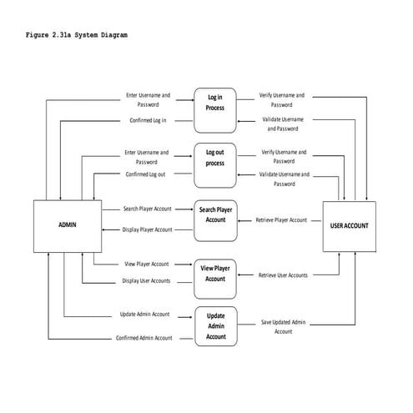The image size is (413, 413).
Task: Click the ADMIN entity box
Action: pyautogui.click(x=67, y=224)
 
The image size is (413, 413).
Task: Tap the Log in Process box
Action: pyautogui.click(x=215, y=103)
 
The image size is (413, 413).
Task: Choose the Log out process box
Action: pyautogui.click(x=215, y=158)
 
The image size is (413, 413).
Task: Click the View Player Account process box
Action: pyautogui.click(x=215, y=274)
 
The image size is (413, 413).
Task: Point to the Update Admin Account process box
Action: pyautogui.click(x=215, y=326)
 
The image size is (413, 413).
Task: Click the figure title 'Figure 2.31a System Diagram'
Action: pyautogui.click(x=77, y=35)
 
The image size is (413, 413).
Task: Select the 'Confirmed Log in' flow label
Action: pyautogui.click(x=148, y=121)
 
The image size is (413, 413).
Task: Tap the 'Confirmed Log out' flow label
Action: pyautogui.click(x=146, y=174)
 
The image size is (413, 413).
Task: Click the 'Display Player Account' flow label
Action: pyautogui.click(x=148, y=229)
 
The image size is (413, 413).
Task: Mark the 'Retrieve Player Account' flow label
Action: pyautogui.click(x=280, y=220)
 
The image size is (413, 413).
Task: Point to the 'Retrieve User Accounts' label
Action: pyautogui.click(x=283, y=274)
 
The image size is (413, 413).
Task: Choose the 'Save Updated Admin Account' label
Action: pyautogui.click(x=284, y=326)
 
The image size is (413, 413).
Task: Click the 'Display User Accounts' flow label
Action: pyautogui.click(x=146, y=281)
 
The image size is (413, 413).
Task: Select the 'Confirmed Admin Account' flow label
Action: pyautogui.click(x=144, y=338)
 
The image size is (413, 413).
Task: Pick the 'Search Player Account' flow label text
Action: pyautogui.click(x=148, y=208)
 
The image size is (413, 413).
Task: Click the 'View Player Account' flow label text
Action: pyautogui.click(x=147, y=264)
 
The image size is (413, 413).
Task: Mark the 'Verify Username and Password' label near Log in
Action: pyautogui.click(x=282, y=100)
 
